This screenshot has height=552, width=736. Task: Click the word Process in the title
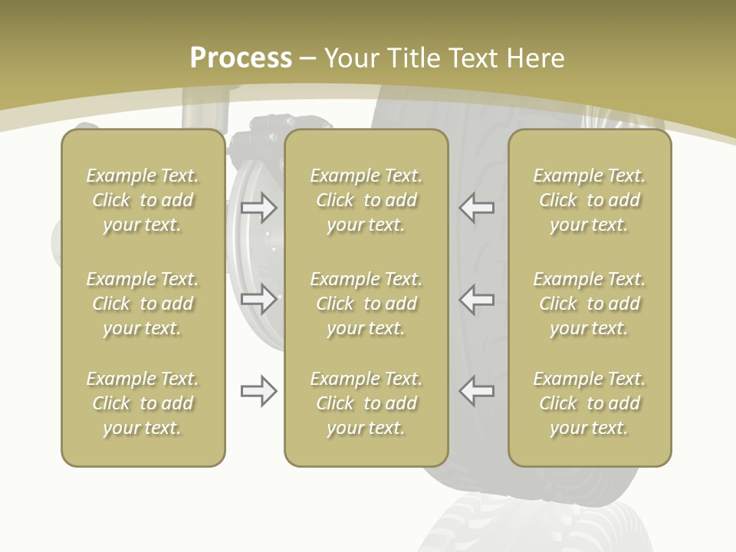click(241, 58)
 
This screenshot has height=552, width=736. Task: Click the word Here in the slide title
click(536, 58)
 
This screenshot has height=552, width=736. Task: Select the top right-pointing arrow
click(258, 207)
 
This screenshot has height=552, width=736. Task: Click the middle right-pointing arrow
click(258, 298)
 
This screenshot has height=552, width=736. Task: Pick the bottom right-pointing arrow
click(258, 391)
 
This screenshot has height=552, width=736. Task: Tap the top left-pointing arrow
click(476, 207)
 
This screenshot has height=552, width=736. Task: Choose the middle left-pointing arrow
click(476, 298)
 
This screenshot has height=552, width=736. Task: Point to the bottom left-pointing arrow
click(476, 391)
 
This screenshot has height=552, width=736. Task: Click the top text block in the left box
click(143, 200)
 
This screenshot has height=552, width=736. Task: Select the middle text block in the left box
click(143, 304)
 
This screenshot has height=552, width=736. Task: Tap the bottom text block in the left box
click(143, 403)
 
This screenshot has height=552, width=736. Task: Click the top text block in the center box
click(366, 200)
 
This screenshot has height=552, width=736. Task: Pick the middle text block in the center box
click(366, 304)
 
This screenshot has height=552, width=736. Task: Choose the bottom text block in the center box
click(366, 403)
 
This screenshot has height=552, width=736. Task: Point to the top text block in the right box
click(590, 200)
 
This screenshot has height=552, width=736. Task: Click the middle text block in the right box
click(590, 304)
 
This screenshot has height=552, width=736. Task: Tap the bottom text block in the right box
click(590, 403)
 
